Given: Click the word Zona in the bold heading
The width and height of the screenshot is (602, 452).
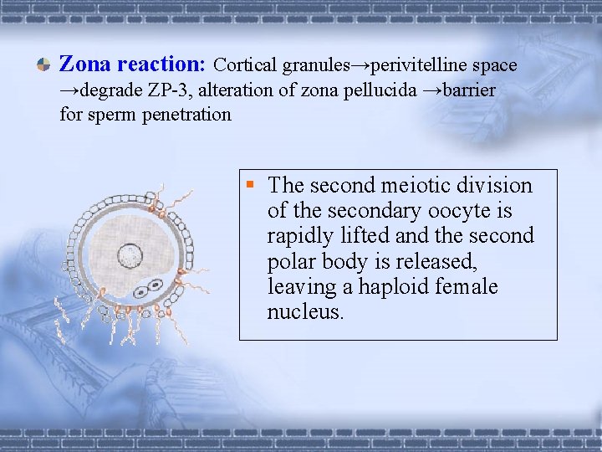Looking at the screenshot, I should point(85,64).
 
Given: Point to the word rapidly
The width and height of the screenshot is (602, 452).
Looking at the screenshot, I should point(299,236).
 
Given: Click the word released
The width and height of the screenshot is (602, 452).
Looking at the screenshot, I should point(441,262).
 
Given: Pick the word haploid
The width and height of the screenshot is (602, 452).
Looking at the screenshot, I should point(391,287).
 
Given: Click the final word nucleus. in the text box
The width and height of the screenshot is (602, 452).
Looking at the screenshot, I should point(305,313).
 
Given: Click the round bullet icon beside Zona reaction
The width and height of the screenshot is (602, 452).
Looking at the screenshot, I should point(42,65).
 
